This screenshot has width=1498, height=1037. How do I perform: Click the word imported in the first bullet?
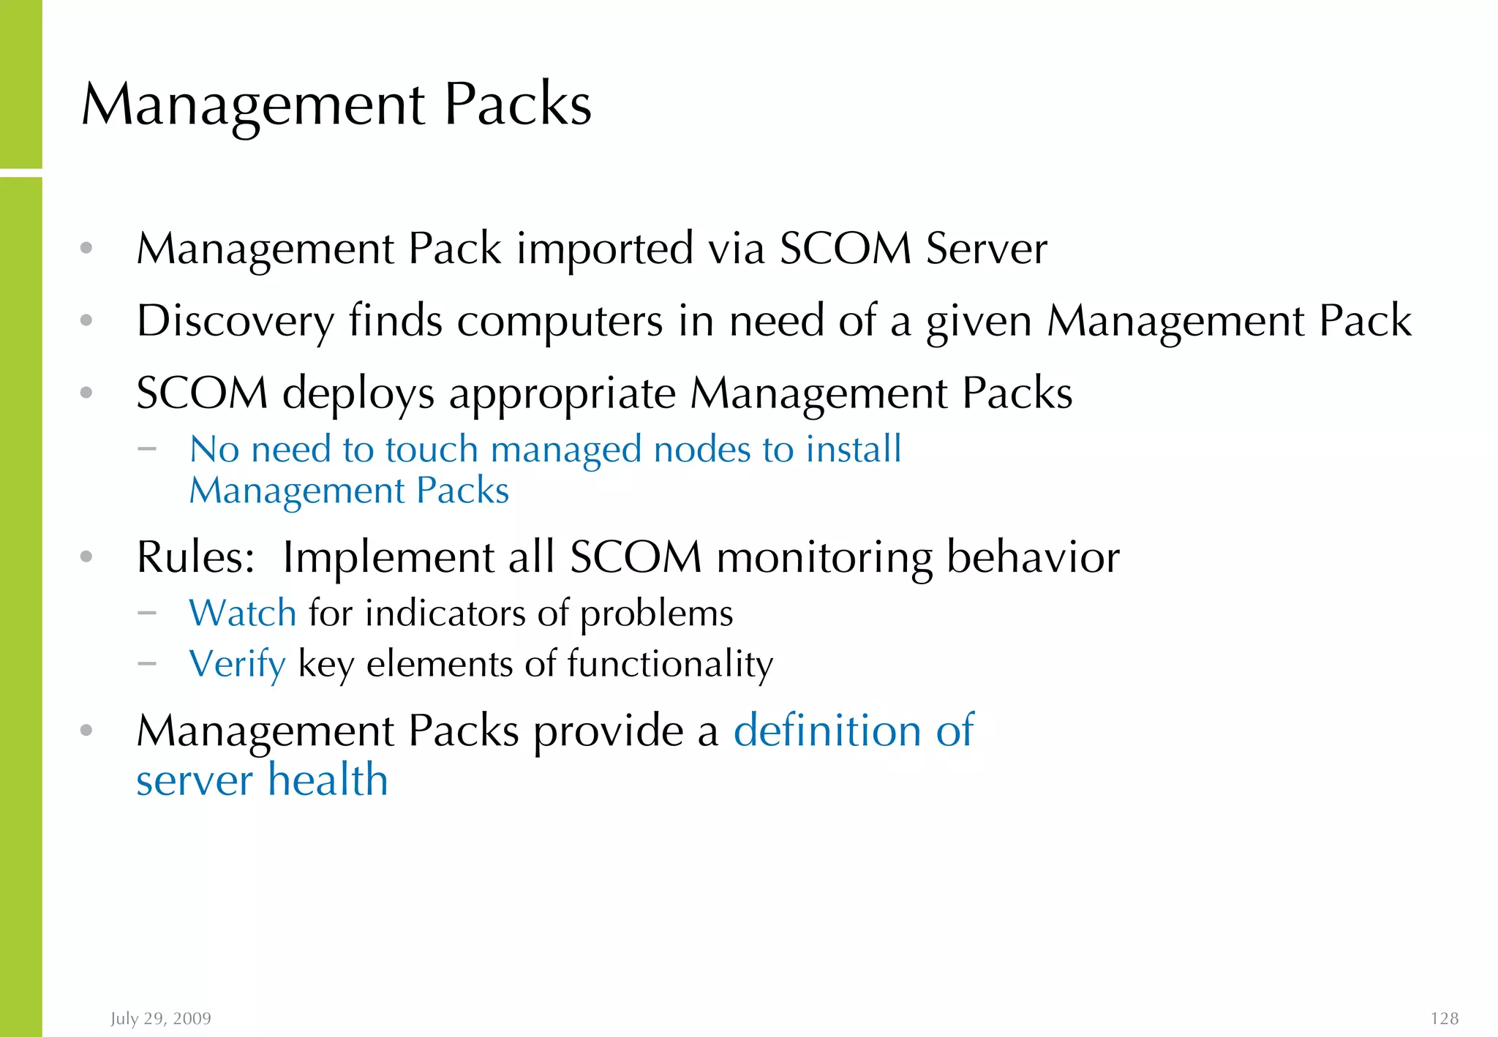point(604,249)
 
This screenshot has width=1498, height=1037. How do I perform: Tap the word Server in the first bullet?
point(986,249)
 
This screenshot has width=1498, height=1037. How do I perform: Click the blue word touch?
point(432,449)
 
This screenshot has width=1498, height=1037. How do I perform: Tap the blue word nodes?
point(701,449)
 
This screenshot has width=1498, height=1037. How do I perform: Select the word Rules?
point(195,557)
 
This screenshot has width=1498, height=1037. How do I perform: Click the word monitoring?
point(824,557)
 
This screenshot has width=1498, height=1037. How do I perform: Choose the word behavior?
point(1033,557)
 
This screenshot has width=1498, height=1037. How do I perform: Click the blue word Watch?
point(243,613)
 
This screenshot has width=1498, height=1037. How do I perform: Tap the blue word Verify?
point(237,665)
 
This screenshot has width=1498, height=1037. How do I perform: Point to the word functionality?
point(669,665)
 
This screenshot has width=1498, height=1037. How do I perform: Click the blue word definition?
point(827,731)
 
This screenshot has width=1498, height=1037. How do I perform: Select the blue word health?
point(327,780)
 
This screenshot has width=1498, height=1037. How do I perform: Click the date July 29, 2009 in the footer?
point(161,1019)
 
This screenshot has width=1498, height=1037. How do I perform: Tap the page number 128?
point(1444,1019)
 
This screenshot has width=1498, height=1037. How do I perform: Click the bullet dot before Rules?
point(86,557)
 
